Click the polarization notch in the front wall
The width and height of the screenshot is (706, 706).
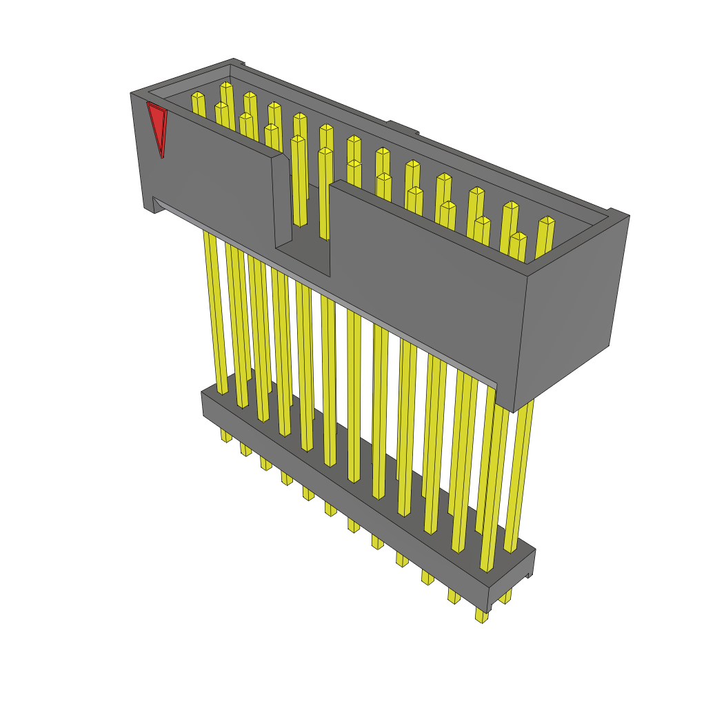click(303, 207)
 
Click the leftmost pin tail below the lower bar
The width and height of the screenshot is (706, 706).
click(225, 436)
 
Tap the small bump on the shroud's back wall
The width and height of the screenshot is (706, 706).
click(403, 127)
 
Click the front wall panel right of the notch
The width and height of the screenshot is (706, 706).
click(427, 269)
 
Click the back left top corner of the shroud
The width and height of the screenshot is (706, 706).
click(234, 61)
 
